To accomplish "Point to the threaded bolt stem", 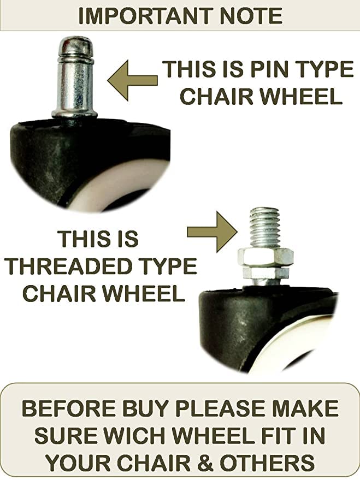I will coord(264,226).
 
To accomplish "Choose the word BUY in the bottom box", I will coord(152,409).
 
